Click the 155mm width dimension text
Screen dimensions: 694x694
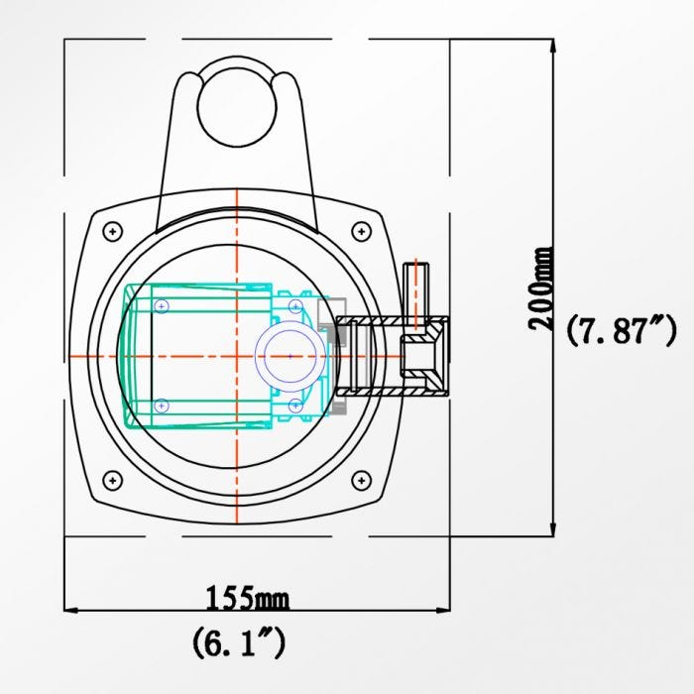point(247,598)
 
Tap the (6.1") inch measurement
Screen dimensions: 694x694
point(239,643)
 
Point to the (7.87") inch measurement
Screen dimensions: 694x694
point(621,330)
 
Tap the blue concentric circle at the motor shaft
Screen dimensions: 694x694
point(289,354)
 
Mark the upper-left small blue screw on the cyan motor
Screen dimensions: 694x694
point(163,304)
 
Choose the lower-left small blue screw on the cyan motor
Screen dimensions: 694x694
point(163,405)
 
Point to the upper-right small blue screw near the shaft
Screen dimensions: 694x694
point(295,305)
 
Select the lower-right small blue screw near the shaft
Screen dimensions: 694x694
point(295,405)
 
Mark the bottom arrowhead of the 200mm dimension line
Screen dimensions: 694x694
point(551,530)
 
